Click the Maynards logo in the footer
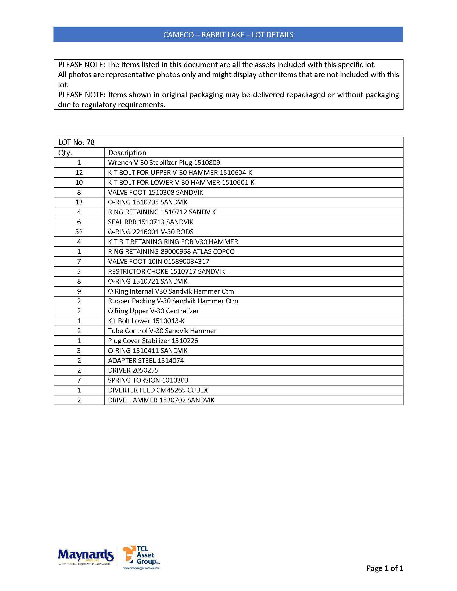[85, 556]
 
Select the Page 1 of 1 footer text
[384, 568]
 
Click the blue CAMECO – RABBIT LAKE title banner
[228, 34]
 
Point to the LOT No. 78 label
[76, 142]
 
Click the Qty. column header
[65, 153]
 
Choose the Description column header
[127, 153]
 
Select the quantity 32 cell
[79, 232]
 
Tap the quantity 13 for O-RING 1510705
[79, 202]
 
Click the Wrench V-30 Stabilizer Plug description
[164, 163]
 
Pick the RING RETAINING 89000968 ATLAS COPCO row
[171, 252]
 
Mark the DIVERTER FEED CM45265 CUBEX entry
[158, 390]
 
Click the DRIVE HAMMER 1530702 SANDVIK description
[161, 400]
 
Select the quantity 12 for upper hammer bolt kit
[79, 173]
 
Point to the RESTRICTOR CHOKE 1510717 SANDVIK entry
[166, 271]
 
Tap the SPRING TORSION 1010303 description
[148, 380]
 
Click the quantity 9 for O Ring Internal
[79, 291]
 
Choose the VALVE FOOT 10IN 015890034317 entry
[158, 261]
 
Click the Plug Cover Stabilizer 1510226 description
[153, 341]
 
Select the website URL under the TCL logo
[141, 568]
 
